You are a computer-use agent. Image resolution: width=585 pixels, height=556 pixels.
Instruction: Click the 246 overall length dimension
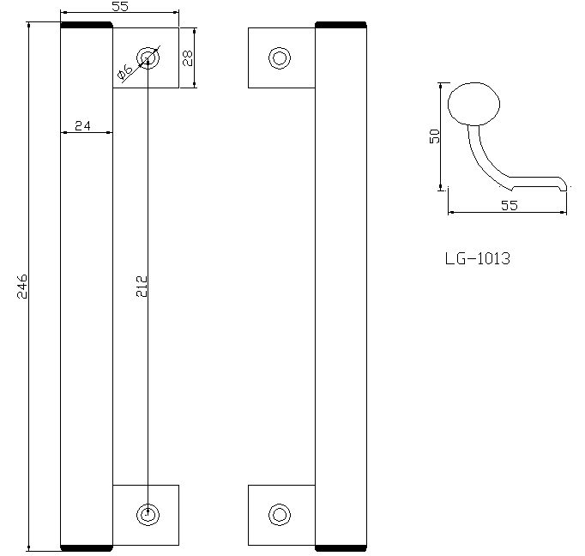tap(23, 287)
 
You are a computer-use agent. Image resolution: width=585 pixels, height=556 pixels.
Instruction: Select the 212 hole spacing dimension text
tap(142, 286)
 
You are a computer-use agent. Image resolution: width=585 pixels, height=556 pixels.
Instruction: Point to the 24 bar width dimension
tap(83, 125)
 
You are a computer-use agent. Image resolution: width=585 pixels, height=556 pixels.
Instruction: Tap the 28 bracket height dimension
tap(187, 57)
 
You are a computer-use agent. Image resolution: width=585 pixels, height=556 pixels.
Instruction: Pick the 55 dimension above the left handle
tap(120, 6)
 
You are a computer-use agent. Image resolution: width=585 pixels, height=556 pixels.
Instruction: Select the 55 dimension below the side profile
tap(509, 205)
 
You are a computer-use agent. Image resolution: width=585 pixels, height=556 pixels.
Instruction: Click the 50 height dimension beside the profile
tap(434, 136)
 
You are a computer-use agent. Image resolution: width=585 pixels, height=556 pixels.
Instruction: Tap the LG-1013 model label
tap(477, 257)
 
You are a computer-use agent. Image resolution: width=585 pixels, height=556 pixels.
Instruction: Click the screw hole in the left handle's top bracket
tap(149, 58)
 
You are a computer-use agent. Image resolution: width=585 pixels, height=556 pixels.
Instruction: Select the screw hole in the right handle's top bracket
tap(279, 58)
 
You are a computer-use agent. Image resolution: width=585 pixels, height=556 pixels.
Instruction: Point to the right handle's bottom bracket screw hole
tap(279, 515)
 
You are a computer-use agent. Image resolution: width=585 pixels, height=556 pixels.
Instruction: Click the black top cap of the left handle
tap(87, 27)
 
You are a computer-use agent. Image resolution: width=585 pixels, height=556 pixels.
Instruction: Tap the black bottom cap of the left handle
tap(87, 546)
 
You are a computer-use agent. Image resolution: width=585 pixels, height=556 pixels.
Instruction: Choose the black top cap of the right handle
tap(341, 27)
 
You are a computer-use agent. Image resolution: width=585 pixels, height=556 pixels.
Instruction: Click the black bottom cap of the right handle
tap(341, 546)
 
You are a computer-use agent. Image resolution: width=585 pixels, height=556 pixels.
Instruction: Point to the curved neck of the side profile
tap(480, 154)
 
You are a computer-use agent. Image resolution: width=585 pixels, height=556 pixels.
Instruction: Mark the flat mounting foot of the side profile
tap(536, 183)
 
